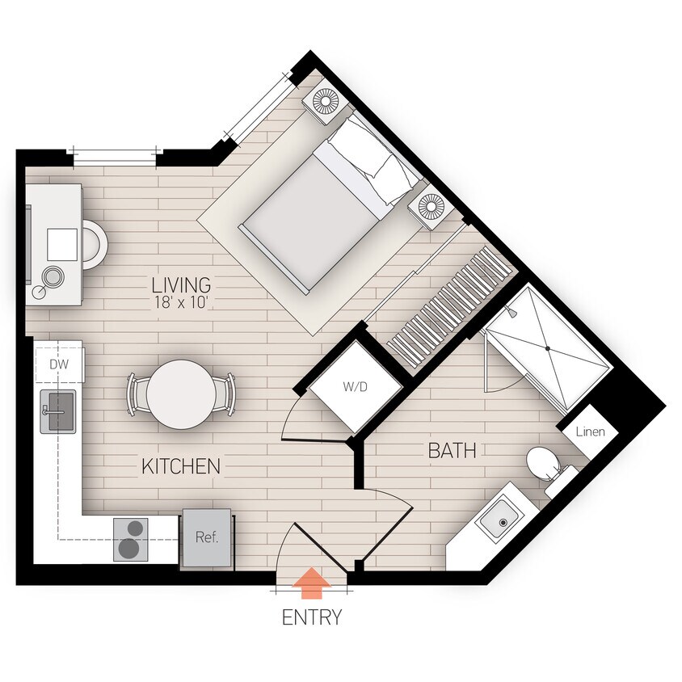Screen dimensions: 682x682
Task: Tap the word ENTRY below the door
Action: click(311, 618)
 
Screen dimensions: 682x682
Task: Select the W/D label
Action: click(355, 386)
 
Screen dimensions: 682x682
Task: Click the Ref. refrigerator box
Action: click(207, 537)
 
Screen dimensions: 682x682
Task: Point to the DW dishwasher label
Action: click(58, 364)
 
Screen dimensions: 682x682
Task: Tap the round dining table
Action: click(182, 394)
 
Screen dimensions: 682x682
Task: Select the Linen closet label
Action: click(589, 432)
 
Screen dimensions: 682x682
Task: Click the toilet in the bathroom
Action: click(540, 464)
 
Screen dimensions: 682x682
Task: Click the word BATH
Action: click(452, 451)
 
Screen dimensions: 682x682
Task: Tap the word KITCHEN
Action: click(181, 466)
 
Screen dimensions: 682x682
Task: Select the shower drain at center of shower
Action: click(548, 348)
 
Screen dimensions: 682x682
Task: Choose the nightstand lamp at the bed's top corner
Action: click(326, 103)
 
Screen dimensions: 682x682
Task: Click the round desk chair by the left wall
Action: click(92, 245)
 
